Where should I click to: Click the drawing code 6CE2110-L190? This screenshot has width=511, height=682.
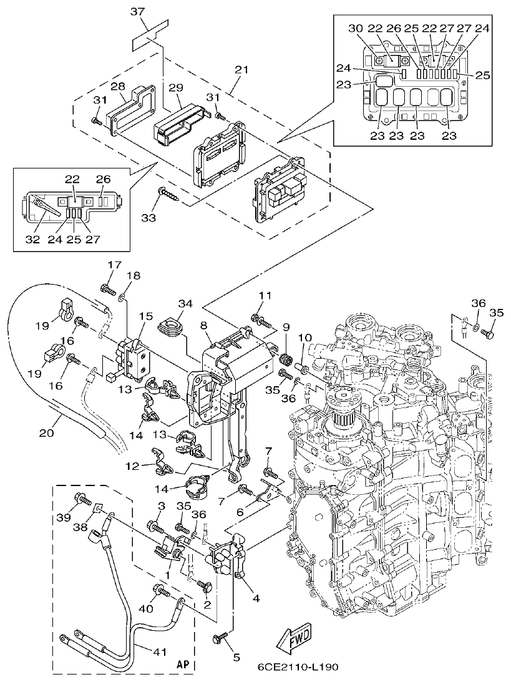click(x=298, y=667)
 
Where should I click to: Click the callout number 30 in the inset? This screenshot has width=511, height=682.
click(x=354, y=29)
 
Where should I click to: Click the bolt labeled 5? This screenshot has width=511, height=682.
click(x=221, y=638)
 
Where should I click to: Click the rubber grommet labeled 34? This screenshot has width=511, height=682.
click(x=169, y=326)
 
